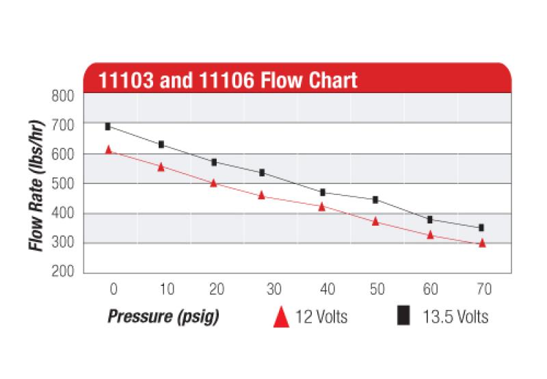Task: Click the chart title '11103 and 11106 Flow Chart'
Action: (x=228, y=80)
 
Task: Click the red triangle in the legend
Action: (x=280, y=317)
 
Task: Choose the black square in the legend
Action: (x=404, y=316)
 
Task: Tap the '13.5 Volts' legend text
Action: (x=456, y=317)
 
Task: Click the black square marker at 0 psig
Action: (x=107, y=127)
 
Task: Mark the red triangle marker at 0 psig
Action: (x=108, y=149)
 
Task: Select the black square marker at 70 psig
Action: (x=481, y=228)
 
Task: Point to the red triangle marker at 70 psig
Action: (x=482, y=243)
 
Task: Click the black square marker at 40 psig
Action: (x=322, y=192)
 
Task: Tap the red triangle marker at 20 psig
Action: (x=214, y=183)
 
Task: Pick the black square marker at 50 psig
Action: (x=375, y=200)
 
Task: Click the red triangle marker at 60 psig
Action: (x=430, y=234)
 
